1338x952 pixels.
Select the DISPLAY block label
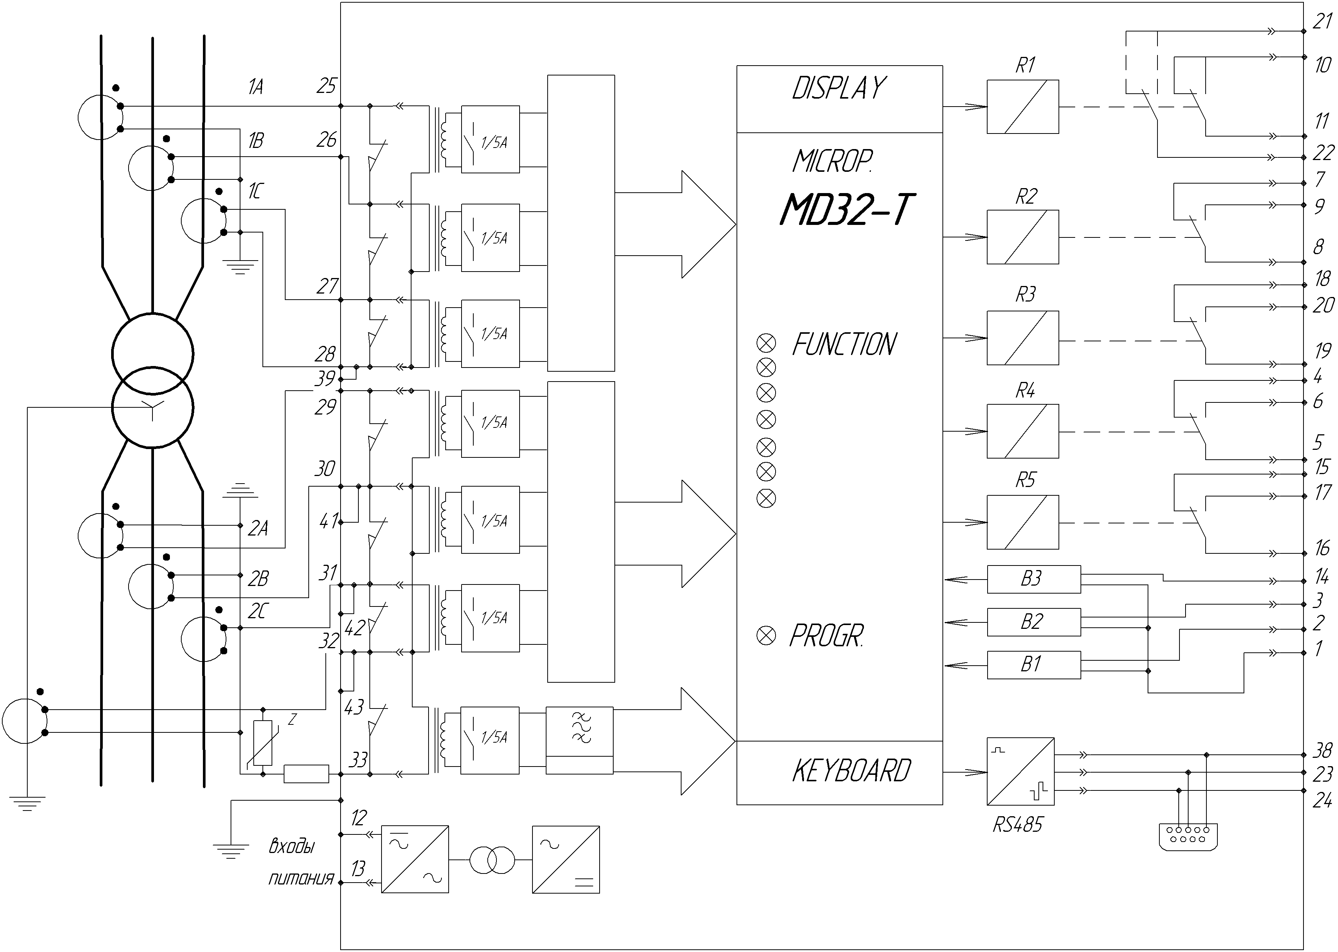(x=839, y=88)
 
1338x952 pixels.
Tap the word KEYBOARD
(x=851, y=771)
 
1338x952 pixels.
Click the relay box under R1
(x=1023, y=107)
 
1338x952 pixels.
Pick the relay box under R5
(x=1023, y=522)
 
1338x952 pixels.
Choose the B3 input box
(x=1034, y=579)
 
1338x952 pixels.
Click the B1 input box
(x=1034, y=665)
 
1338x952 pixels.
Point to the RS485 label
(x=1018, y=825)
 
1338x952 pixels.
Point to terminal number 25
(x=327, y=86)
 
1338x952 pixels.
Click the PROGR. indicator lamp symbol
(x=766, y=635)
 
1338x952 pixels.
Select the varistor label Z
(x=292, y=719)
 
